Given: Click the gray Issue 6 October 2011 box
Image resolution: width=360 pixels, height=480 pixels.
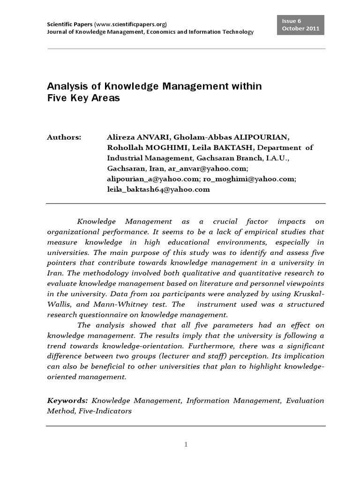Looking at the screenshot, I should [300, 24].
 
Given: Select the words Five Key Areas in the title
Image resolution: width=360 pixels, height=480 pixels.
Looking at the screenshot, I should [83, 98].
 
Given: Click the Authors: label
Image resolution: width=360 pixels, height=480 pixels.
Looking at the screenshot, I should [64, 137].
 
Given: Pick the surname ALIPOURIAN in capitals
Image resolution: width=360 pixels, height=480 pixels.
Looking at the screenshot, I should [260, 137].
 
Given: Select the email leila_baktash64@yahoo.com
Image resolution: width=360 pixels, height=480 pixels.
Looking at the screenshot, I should [158, 189].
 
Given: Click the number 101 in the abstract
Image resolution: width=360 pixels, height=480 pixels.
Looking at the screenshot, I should [164, 294].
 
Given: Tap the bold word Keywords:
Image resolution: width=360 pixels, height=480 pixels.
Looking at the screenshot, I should [67, 401].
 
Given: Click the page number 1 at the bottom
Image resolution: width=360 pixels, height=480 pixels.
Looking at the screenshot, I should [186, 444].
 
